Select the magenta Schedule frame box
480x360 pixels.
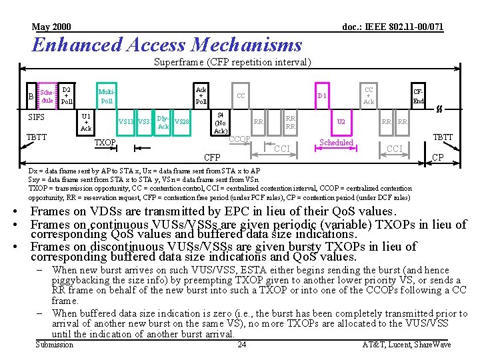click(x=47, y=96)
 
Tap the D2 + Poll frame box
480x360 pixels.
click(x=67, y=96)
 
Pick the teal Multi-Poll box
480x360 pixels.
click(x=107, y=96)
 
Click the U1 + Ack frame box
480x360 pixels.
click(x=86, y=122)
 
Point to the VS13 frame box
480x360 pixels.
click(x=126, y=122)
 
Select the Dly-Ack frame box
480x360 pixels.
click(x=163, y=122)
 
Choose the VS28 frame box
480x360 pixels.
click(x=181, y=122)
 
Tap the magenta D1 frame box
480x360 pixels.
click(x=321, y=96)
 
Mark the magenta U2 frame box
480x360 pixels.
click(x=341, y=122)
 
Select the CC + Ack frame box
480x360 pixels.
click(x=369, y=95)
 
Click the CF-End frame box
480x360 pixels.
click(x=418, y=96)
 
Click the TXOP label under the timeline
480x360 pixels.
click(x=105, y=143)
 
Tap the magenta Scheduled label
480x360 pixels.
click(x=337, y=143)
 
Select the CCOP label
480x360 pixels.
click(x=239, y=139)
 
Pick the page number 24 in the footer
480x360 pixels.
click(x=242, y=345)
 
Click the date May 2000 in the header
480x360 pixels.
click(x=52, y=27)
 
